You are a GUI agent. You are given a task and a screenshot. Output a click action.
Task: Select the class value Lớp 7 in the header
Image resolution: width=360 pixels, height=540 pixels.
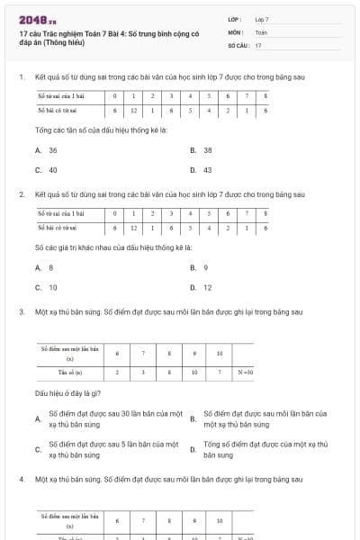pos(262,18)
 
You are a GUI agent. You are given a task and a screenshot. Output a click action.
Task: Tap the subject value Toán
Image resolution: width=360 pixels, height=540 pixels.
pos(261,31)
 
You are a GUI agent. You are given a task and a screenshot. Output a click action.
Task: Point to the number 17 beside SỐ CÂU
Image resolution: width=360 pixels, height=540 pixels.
pos(258,44)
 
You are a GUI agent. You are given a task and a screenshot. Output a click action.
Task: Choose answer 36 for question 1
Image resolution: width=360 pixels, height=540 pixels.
pos(53,150)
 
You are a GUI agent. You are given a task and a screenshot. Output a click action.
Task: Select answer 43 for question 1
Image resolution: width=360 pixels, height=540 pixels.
pos(208,169)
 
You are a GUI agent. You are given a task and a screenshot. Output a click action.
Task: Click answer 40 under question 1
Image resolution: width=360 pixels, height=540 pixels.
pos(53,169)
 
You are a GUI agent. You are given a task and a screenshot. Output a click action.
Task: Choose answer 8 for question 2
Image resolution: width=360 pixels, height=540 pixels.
pos(51,267)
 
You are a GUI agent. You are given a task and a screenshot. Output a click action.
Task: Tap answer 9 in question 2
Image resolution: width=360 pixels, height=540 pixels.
pos(206,267)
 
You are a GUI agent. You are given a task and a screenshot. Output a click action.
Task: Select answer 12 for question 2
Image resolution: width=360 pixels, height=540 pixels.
pos(208,287)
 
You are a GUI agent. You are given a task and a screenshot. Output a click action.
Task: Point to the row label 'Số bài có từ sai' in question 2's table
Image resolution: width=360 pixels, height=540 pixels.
pos(60,228)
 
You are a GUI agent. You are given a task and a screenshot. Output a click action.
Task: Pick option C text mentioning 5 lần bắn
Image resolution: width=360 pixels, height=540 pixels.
pos(112,450)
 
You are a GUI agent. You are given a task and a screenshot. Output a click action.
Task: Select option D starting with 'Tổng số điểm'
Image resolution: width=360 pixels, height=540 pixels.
pos(265,450)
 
